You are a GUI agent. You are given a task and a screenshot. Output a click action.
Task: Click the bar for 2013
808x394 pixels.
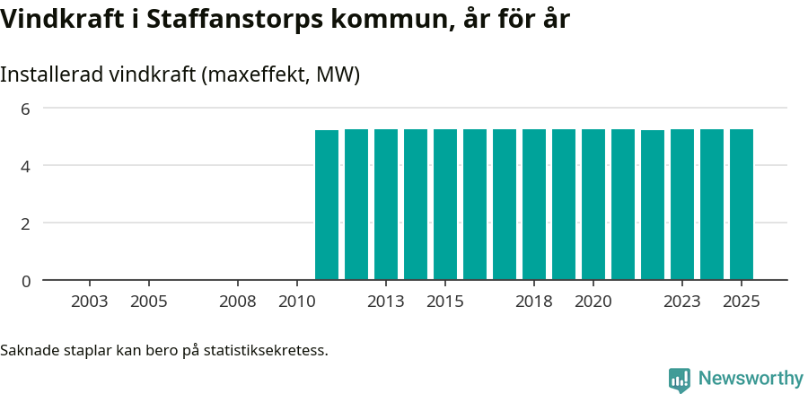(386, 205)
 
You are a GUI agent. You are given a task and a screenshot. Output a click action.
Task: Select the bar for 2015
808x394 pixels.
(445, 205)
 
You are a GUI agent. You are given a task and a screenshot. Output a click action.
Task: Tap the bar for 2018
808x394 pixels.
(534, 205)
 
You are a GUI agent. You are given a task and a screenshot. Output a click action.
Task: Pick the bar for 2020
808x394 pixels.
(593, 205)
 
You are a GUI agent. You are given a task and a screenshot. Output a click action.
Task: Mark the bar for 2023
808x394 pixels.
(682, 205)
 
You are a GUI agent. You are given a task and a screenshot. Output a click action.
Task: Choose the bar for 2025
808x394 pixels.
(742, 205)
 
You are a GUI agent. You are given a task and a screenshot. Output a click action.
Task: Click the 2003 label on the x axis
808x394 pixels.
(90, 302)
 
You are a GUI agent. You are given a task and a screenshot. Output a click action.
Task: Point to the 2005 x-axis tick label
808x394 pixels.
(149, 302)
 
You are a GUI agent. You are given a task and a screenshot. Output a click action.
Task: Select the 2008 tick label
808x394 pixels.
(238, 302)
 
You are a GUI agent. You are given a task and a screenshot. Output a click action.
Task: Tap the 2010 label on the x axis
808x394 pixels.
(297, 302)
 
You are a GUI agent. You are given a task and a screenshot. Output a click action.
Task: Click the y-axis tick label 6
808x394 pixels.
(26, 109)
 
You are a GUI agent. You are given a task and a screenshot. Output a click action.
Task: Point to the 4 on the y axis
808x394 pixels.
(26, 166)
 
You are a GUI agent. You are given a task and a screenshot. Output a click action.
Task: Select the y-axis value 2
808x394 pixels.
(26, 223)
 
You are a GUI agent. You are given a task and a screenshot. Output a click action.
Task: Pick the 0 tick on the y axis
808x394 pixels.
(26, 281)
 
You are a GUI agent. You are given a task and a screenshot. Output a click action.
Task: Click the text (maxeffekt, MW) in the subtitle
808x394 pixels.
(281, 75)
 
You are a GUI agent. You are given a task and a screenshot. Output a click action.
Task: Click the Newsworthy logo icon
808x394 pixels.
(680, 380)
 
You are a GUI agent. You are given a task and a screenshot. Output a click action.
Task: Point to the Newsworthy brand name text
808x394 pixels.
(751, 379)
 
